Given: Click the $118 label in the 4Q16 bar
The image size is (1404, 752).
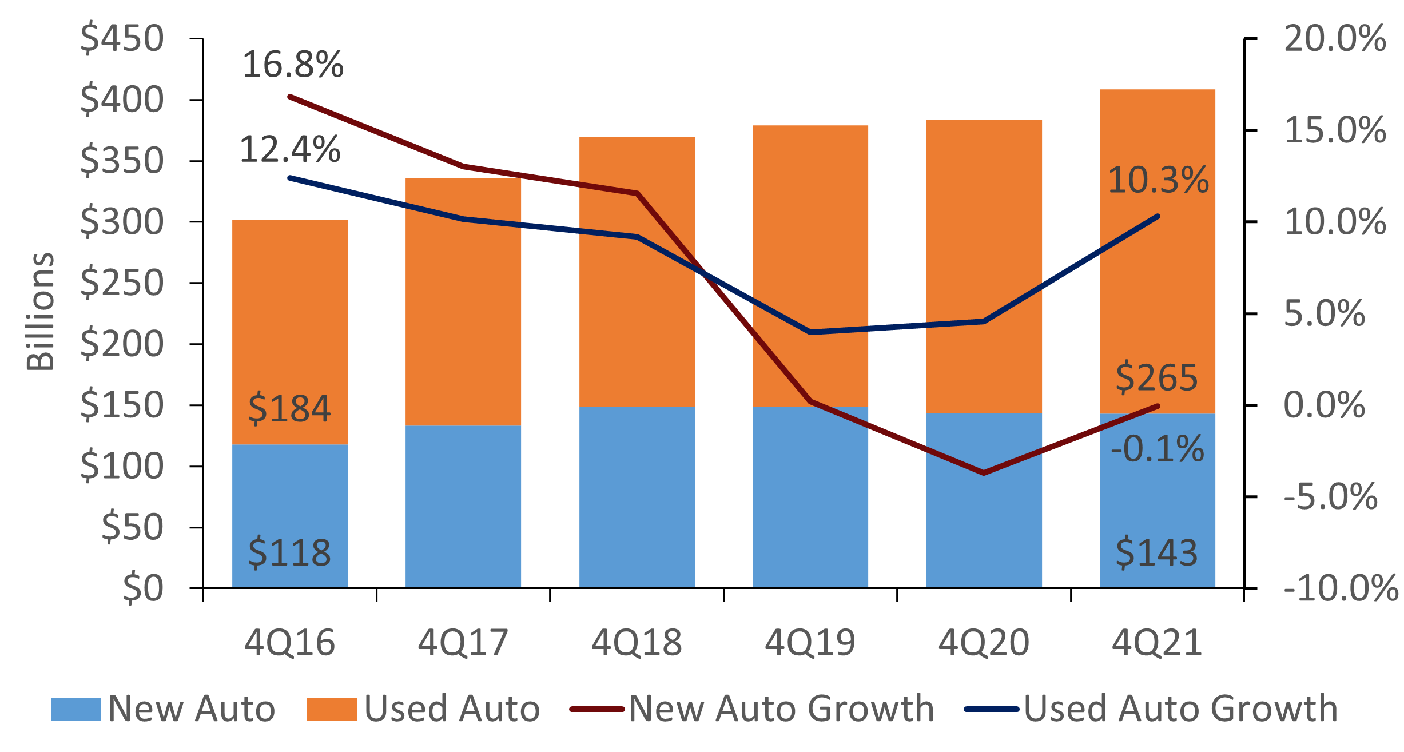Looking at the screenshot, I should tap(289, 553).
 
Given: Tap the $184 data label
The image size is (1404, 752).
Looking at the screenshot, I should tap(289, 409).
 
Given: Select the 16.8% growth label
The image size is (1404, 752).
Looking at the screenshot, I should tap(293, 65).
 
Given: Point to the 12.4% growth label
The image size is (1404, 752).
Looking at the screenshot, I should tap(290, 150).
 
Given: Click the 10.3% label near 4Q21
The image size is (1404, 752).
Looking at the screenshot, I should tap(1158, 180).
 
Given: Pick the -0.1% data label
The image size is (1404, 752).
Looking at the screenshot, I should tap(1158, 449).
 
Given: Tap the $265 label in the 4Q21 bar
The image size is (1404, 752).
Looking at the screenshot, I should tap(1156, 377).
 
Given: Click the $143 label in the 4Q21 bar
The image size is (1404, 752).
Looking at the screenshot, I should tap(1156, 553).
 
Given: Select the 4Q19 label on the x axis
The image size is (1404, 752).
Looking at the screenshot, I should tap(810, 643).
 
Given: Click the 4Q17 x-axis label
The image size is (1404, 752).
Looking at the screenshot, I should tap(463, 643).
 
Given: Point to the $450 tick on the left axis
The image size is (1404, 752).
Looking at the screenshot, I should tap(122, 39).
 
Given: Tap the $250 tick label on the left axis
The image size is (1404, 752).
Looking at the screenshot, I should tap(122, 283).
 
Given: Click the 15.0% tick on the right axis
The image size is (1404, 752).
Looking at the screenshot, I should tap(1335, 130).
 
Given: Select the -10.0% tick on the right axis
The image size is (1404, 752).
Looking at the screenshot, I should tap(1341, 588).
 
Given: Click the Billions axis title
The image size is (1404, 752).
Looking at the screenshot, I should tap(41, 312).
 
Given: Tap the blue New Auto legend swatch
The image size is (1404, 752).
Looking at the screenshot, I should tap(75, 709).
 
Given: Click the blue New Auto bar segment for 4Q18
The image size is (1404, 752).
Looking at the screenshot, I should tap(637, 498).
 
